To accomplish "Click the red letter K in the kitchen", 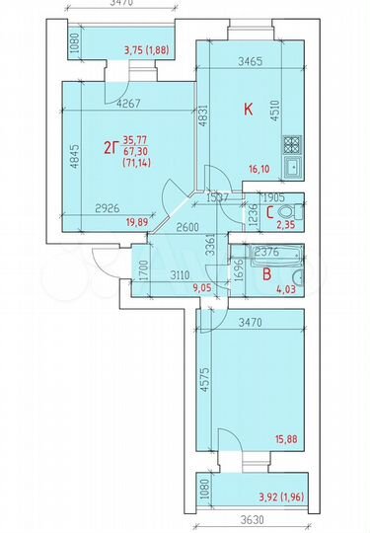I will coord(249,110).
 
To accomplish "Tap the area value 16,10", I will coord(259,170).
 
